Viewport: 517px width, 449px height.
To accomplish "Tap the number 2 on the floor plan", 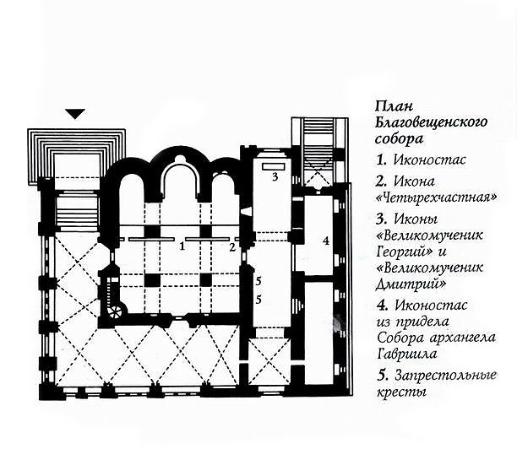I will tap(230, 247).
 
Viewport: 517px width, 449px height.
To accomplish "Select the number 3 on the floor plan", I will tap(275, 177).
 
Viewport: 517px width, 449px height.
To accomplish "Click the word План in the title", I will tap(391, 107).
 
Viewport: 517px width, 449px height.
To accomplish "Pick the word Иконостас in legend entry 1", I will tap(422, 159).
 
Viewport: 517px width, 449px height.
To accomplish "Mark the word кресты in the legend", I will tap(400, 392).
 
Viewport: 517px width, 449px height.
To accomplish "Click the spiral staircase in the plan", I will tap(112, 297).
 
